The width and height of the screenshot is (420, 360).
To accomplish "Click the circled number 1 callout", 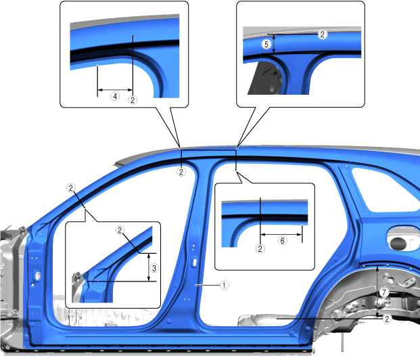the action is pos(224,285).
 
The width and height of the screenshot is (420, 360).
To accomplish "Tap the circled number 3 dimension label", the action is pos(154,268).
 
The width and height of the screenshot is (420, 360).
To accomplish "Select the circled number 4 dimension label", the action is pos(115,96).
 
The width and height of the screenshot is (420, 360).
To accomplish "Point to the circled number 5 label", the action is pos(266,44).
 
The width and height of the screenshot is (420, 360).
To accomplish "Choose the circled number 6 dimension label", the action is pos(282,240).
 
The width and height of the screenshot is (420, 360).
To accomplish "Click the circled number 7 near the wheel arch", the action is pos(384,292).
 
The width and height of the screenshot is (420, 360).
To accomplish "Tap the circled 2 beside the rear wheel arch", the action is pos(387,319).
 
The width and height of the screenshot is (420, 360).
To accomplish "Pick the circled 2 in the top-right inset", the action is pos(323,35).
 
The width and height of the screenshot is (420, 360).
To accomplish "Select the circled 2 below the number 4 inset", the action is pos(133,100).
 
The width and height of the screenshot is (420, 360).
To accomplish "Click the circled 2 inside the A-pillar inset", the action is pos(120,230).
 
